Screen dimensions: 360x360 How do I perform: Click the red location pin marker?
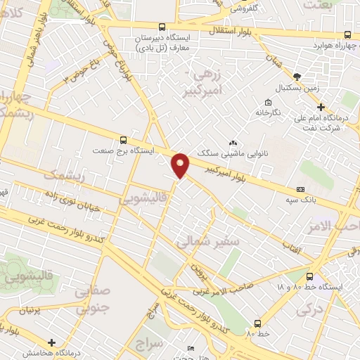pyautogui.click(x=181, y=165)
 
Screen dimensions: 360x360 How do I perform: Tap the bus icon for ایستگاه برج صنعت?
pyautogui.click(x=124, y=139)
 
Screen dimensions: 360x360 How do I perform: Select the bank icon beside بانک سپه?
pyautogui.click(x=301, y=189)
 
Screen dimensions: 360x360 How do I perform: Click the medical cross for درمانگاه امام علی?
pyautogui.click(x=321, y=108)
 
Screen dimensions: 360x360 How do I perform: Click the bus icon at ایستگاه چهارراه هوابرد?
pyautogui.click(x=347, y=34)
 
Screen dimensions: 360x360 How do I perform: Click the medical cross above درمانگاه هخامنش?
pyautogui.click(x=52, y=342)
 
